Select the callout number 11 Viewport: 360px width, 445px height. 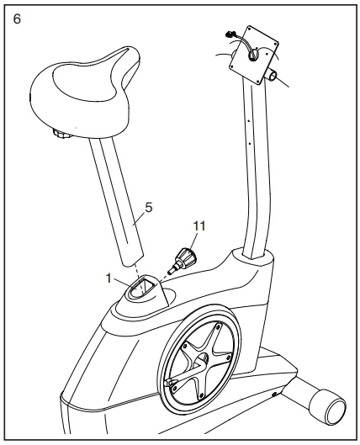coord(198,225)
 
